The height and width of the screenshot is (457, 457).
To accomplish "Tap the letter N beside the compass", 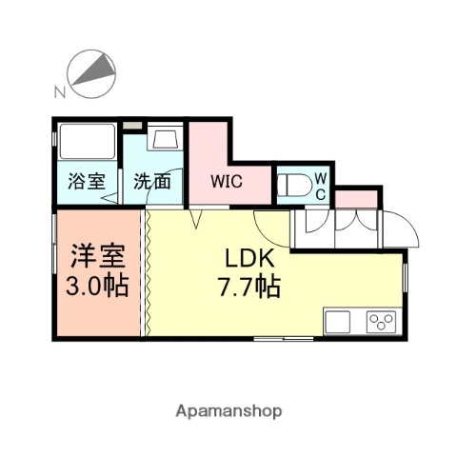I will point(59,92).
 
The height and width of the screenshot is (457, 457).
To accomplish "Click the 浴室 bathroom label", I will point(85,181).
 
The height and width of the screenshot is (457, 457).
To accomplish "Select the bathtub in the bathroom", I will point(87,144).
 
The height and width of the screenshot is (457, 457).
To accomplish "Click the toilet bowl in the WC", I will point(298,184).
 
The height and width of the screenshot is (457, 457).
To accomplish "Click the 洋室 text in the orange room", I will point(96,257).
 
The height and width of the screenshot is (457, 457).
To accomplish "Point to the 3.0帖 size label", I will point(96,285).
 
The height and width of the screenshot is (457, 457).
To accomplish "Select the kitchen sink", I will point(339,322).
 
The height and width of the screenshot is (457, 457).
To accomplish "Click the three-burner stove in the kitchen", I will point(381,322).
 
